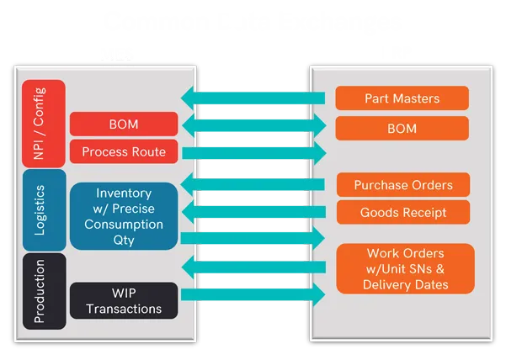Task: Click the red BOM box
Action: (124, 124)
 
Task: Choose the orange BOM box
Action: (402, 129)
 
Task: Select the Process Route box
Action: (124, 152)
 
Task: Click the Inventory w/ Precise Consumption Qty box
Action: (124, 215)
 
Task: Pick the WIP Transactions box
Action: (124, 300)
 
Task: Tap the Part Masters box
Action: (402, 98)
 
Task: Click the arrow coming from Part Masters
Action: (253, 98)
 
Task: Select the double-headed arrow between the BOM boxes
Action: (253, 126)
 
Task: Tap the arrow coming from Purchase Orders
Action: (253, 183)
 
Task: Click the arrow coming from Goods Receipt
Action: (253, 210)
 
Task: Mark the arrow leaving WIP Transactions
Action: (253, 294)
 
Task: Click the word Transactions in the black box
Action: (124, 309)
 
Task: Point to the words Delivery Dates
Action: (405, 284)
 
